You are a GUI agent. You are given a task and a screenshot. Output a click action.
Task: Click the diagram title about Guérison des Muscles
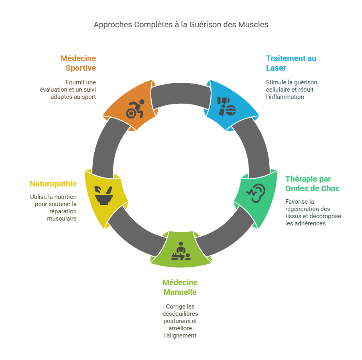(181, 25)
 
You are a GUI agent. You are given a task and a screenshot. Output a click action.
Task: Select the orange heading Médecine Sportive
(78, 63)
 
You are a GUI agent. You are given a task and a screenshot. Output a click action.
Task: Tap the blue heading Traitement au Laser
(291, 63)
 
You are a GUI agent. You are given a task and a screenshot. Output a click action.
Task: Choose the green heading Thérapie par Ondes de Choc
(312, 184)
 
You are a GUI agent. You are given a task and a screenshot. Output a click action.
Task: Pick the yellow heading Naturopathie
(53, 184)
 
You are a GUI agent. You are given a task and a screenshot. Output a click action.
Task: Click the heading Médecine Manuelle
(180, 287)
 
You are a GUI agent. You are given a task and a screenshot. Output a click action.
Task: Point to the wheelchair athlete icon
(135, 109)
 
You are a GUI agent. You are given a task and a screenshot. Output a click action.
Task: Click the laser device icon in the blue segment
(227, 106)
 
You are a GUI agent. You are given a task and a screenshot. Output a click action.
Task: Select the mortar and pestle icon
(104, 196)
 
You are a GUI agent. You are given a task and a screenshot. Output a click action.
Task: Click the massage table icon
(181, 251)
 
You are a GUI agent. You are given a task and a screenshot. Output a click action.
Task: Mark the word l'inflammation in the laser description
(285, 97)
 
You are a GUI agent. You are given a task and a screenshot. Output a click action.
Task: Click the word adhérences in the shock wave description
(311, 223)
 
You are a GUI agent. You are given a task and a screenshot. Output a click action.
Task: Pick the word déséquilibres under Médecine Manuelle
(180, 314)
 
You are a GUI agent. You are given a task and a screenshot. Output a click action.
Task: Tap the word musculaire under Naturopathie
(62, 219)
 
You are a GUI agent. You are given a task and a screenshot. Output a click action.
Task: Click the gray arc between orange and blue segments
(181, 93)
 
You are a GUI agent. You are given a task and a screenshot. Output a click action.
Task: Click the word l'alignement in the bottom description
(180, 335)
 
